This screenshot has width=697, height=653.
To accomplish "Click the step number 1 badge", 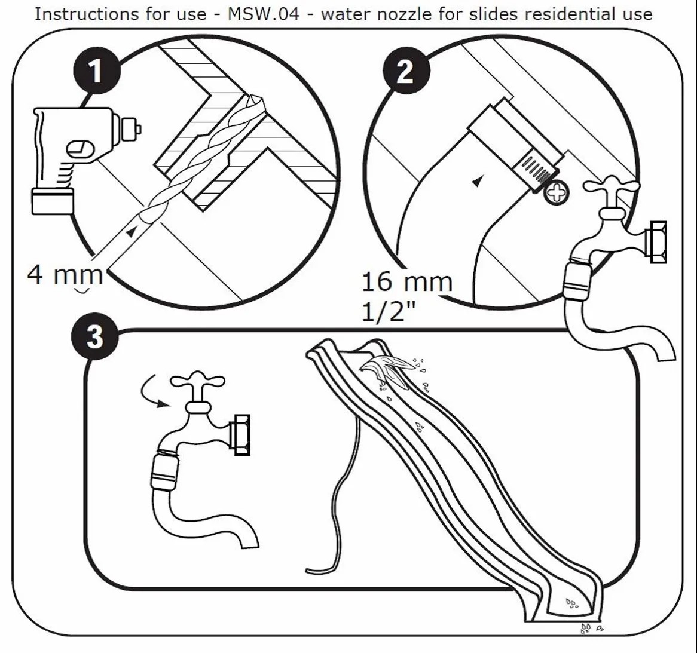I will click(96, 71).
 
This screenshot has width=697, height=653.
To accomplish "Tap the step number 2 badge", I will click(405, 71).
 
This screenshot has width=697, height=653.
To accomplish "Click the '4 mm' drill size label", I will click(65, 274).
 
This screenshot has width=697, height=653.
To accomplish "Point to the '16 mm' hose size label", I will click(406, 281).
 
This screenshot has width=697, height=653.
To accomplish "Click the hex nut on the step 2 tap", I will click(657, 241).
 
